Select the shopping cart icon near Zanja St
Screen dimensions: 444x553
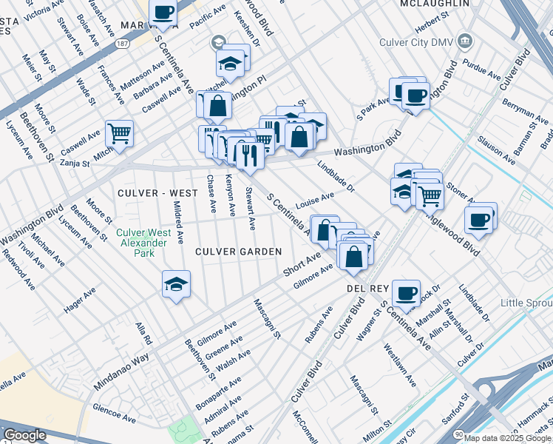coord(119,134)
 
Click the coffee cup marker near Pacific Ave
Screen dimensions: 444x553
coord(163,13)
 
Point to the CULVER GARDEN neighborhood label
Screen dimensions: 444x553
coord(238,252)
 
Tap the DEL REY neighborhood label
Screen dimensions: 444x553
coord(362,286)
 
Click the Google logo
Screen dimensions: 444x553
coord(24,435)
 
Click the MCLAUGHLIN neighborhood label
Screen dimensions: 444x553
coord(435,4)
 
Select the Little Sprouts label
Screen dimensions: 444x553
coord(526,303)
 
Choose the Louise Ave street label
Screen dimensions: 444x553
coord(315,200)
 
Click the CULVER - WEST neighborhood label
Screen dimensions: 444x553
coord(157,193)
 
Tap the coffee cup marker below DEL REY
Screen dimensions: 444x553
coord(406,293)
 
